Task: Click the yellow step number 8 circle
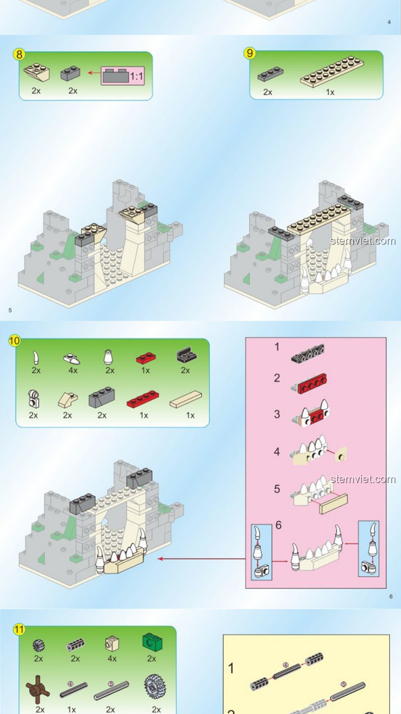(x=19, y=55)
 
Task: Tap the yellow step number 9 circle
(x=250, y=53)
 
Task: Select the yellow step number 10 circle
(x=14, y=341)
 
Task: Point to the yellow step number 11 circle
(x=19, y=630)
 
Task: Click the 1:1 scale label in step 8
(x=136, y=77)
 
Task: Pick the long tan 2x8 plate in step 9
(x=332, y=71)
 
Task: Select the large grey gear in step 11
(x=155, y=686)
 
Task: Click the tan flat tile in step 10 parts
(x=186, y=399)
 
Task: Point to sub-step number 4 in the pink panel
(x=277, y=451)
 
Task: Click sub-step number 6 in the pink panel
(x=278, y=525)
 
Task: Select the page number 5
(x=10, y=310)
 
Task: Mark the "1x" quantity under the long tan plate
(x=330, y=92)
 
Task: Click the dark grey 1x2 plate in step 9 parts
(x=271, y=74)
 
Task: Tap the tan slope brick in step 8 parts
(x=36, y=72)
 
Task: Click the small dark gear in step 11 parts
(x=39, y=645)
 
